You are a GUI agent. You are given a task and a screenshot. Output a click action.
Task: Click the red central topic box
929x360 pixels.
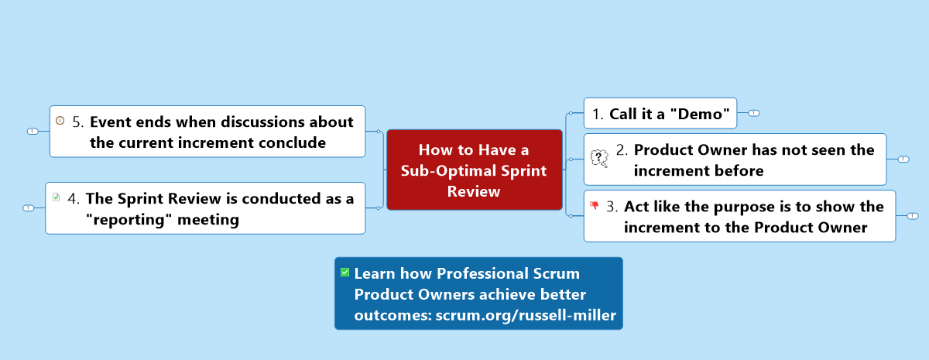[475, 170]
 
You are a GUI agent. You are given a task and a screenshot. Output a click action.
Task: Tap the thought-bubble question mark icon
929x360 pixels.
[599, 158]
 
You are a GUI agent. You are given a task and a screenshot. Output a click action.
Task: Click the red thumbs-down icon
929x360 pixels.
[595, 205]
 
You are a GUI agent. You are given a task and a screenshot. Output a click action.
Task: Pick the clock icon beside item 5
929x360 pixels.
[60, 120]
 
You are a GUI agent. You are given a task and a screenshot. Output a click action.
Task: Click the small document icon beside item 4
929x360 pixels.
[56, 197]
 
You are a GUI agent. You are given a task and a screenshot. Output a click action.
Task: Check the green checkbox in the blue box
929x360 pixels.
[345, 272]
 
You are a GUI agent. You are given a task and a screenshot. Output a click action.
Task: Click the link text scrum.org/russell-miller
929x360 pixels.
[526, 315]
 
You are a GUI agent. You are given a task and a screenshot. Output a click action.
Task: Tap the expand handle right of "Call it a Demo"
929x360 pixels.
[753, 113]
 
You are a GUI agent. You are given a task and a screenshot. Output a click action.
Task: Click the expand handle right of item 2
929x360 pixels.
[903, 159]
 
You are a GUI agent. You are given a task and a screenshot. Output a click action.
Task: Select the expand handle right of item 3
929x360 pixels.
[913, 216]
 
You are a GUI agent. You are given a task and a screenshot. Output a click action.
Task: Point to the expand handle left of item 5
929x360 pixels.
[33, 132]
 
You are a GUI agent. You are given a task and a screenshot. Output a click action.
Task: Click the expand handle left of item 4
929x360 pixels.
[28, 208]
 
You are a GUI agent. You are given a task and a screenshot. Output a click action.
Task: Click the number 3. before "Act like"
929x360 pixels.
[612, 207]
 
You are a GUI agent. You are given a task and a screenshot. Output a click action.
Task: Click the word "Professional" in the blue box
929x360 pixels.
[482, 274]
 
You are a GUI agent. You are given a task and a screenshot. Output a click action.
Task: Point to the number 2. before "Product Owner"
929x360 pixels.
[622, 149]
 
